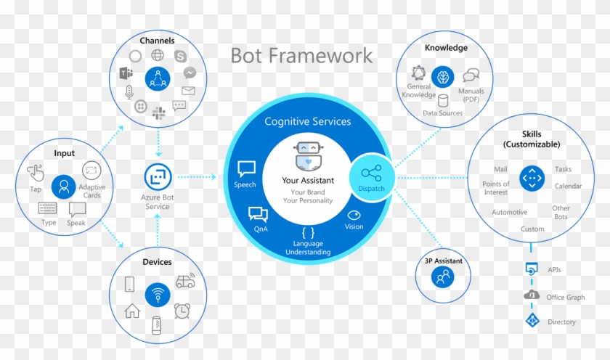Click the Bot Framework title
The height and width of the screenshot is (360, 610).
point(301,55)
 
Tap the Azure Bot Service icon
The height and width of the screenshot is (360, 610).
point(157,176)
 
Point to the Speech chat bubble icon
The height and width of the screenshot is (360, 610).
point(246,168)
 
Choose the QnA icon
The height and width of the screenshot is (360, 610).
point(258,213)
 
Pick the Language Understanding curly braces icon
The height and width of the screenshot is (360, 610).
point(309,232)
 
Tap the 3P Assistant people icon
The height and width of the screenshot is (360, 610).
point(442,277)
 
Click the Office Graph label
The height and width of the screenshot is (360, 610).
point(566,296)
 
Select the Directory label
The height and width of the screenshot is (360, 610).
point(562,322)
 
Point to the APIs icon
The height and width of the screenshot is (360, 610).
point(531,269)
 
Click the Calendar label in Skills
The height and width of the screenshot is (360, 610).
point(568,187)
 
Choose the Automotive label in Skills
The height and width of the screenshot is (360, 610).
point(509,213)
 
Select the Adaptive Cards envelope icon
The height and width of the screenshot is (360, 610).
point(91,171)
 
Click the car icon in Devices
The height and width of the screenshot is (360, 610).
point(184,281)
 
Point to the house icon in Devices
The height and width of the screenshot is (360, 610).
point(132,311)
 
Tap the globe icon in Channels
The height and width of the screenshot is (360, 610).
point(158,55)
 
